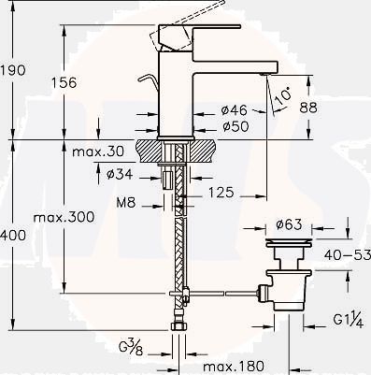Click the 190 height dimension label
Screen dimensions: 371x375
coord(13,70)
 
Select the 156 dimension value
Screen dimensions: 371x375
coord(64,82)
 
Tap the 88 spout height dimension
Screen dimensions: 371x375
coord(308,107)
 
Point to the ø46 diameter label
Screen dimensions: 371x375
coord(234,109)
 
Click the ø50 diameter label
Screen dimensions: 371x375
coord(235,126)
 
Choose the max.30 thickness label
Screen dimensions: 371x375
coord(98,151)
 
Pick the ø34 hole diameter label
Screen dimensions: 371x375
coord(120,174)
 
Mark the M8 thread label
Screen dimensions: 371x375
coord(126,203)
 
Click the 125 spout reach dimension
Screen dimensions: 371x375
coord(221,192)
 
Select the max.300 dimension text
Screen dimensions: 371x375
coord(64,217)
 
